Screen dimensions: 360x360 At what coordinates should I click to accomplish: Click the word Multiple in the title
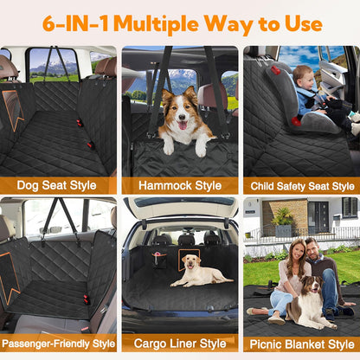click(x=156, y=24)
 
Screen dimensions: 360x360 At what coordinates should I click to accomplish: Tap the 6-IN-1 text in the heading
click(x=75, y=23)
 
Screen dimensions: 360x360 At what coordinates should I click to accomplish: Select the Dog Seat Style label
click(x=56, y=185)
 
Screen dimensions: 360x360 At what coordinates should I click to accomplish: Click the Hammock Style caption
click(x=180, y=186)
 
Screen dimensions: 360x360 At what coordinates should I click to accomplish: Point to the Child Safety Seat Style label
click(x=302, y=186)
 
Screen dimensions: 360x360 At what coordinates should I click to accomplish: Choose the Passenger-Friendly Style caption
click(x=59, y=344)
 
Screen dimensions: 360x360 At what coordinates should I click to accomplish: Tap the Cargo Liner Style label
click(x=180, y=344)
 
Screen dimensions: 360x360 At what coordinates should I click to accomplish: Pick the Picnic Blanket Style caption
click(x=302, y=344)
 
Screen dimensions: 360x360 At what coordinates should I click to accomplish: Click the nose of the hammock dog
click(x=182, y=117)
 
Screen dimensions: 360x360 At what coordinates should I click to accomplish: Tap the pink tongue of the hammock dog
click(x=183, y=125)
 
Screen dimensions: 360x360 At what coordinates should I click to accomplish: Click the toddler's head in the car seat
click(x=303, y=77)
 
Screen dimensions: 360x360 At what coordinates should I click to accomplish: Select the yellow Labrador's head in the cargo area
click(x=190, y=262)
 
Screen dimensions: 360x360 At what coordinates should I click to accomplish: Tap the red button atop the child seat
click(x=276, y=70)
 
